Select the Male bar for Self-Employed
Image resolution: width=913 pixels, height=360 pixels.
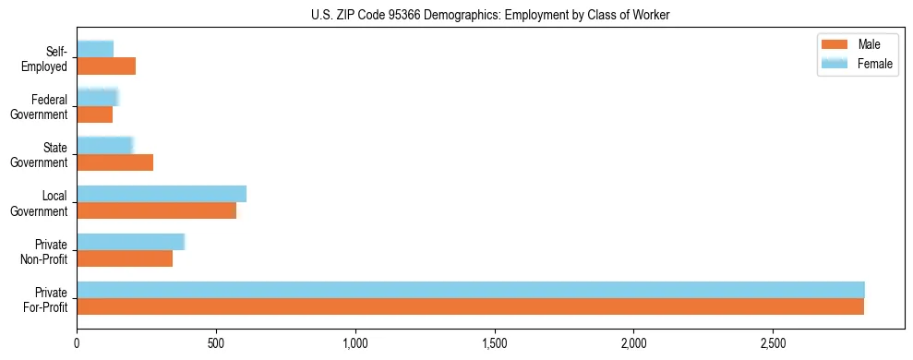click(106, 66)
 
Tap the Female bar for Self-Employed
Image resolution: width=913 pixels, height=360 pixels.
click(95, 49)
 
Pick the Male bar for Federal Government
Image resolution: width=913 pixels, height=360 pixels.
click(95, 114)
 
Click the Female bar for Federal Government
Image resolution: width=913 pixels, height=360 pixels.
click(97, 97)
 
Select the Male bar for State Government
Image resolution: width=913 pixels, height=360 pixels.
click(114, 162)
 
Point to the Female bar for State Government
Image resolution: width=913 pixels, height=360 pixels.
click(104, 145)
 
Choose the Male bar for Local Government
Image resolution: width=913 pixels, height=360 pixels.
click(156, 210)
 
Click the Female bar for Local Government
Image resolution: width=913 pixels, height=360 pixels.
click(162, 194)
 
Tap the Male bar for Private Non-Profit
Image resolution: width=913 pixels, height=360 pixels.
click(125, 258)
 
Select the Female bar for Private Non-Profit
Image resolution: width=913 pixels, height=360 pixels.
click(130, 242)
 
